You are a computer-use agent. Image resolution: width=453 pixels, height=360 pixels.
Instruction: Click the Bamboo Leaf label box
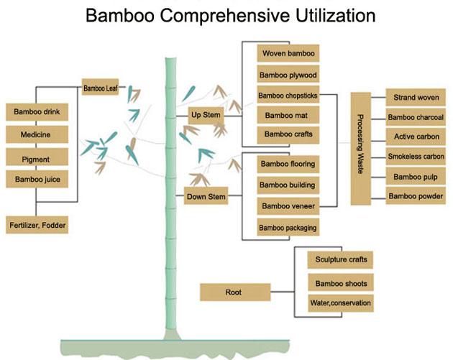(101, 88)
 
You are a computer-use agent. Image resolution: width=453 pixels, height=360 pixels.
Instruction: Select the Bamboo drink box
(37, 112)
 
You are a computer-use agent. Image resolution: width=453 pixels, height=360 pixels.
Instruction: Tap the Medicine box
(37, 134)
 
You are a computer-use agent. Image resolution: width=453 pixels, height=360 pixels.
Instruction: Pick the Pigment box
(37, 157)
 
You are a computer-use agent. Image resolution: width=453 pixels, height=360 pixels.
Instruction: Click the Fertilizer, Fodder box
(37, 225)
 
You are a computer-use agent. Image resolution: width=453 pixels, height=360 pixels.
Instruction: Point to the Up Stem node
(206, 115)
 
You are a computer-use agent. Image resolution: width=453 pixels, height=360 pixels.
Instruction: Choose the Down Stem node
(206, 196)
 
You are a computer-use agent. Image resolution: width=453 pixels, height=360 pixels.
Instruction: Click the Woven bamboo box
(288, 54)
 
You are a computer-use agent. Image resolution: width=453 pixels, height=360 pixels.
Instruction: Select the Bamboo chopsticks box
(288, 94)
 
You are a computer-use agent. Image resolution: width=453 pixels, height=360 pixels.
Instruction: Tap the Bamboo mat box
(288, 114)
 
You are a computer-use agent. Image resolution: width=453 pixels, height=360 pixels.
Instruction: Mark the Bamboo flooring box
(288, 165)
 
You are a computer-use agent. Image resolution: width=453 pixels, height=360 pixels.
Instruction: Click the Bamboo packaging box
(288, 227)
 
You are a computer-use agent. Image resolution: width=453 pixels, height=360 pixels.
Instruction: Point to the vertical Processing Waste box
(361, 147)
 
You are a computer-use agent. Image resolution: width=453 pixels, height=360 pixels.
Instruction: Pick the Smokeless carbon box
(416, 156)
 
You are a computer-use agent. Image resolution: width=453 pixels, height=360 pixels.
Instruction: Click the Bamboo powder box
(416, 195)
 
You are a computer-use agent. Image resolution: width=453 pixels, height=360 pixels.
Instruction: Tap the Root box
(234, 292)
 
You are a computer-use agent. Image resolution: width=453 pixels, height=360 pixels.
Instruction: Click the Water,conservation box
(340, 303)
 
